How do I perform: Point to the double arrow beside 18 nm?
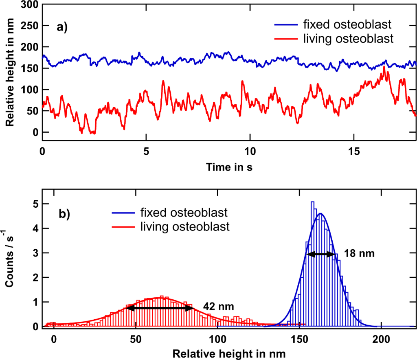pos(321,255)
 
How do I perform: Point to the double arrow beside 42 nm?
pos(160,308)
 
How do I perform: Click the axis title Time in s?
pos(229,167)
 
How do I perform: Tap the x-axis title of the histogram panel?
pos(229,354)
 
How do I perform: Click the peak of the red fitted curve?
pos(160,297)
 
